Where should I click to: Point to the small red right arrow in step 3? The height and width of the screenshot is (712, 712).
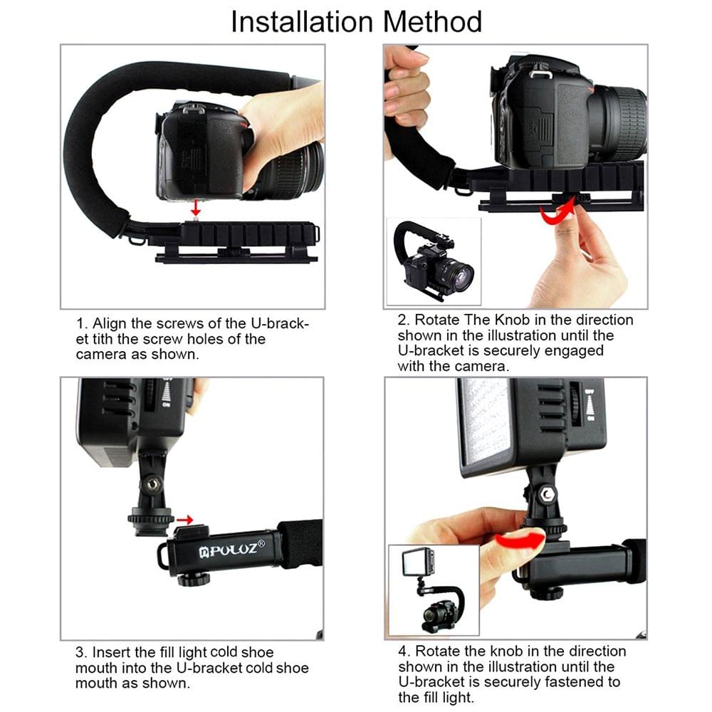[x=186, y=520]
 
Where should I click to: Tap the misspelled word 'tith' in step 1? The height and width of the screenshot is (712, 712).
[x=103, y=339]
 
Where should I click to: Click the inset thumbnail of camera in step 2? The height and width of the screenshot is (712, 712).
[x=433, y=261]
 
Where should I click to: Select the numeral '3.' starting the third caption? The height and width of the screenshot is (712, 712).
[x=81, y=652]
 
